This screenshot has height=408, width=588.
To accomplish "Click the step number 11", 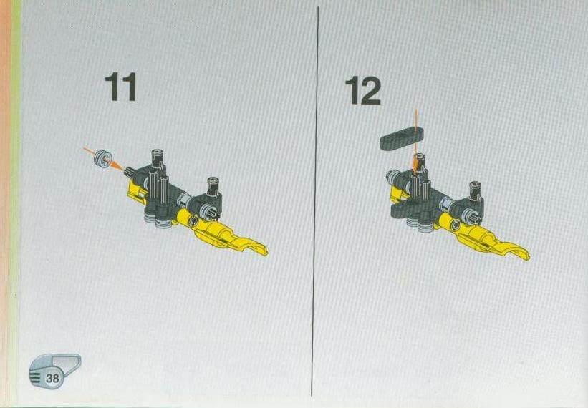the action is click(x=120, y=87).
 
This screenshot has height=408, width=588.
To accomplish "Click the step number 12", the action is click(x=362, y=91).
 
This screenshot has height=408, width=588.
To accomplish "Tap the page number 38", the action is click(x=52, y=378).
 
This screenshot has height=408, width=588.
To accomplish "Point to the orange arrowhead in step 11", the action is click(x=117, y=166).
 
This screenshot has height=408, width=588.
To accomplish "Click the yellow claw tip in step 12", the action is click(x=526, y=256).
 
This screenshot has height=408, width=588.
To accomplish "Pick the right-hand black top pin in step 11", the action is click(x=213, y=185).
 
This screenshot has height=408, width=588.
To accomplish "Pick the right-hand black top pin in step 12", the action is click(x=476, y=190).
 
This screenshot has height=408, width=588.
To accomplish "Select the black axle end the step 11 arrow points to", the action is click(x=130, y=172).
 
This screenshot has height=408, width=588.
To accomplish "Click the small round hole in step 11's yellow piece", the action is click(x=193, y=220).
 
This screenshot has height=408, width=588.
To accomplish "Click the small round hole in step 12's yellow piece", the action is click(x=456, y=225).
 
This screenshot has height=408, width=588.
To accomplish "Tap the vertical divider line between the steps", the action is click(x=315, y=201).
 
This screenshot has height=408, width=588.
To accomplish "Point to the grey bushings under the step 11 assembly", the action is click(x=158, y=222).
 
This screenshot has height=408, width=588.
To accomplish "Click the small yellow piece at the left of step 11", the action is click(x=137, y=190).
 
